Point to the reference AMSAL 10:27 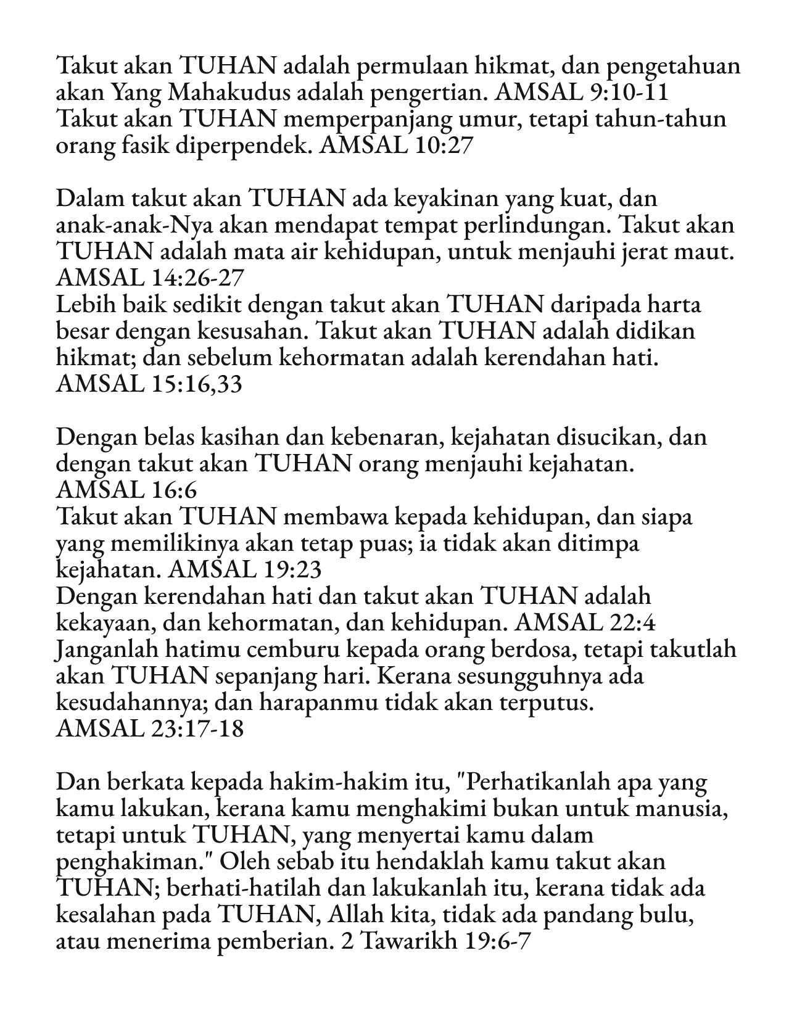coord(397,146)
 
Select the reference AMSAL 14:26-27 coord(150,278)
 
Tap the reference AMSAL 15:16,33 coord(149,384)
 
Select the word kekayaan coord(104,623)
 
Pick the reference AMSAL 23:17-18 coord(150,729)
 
